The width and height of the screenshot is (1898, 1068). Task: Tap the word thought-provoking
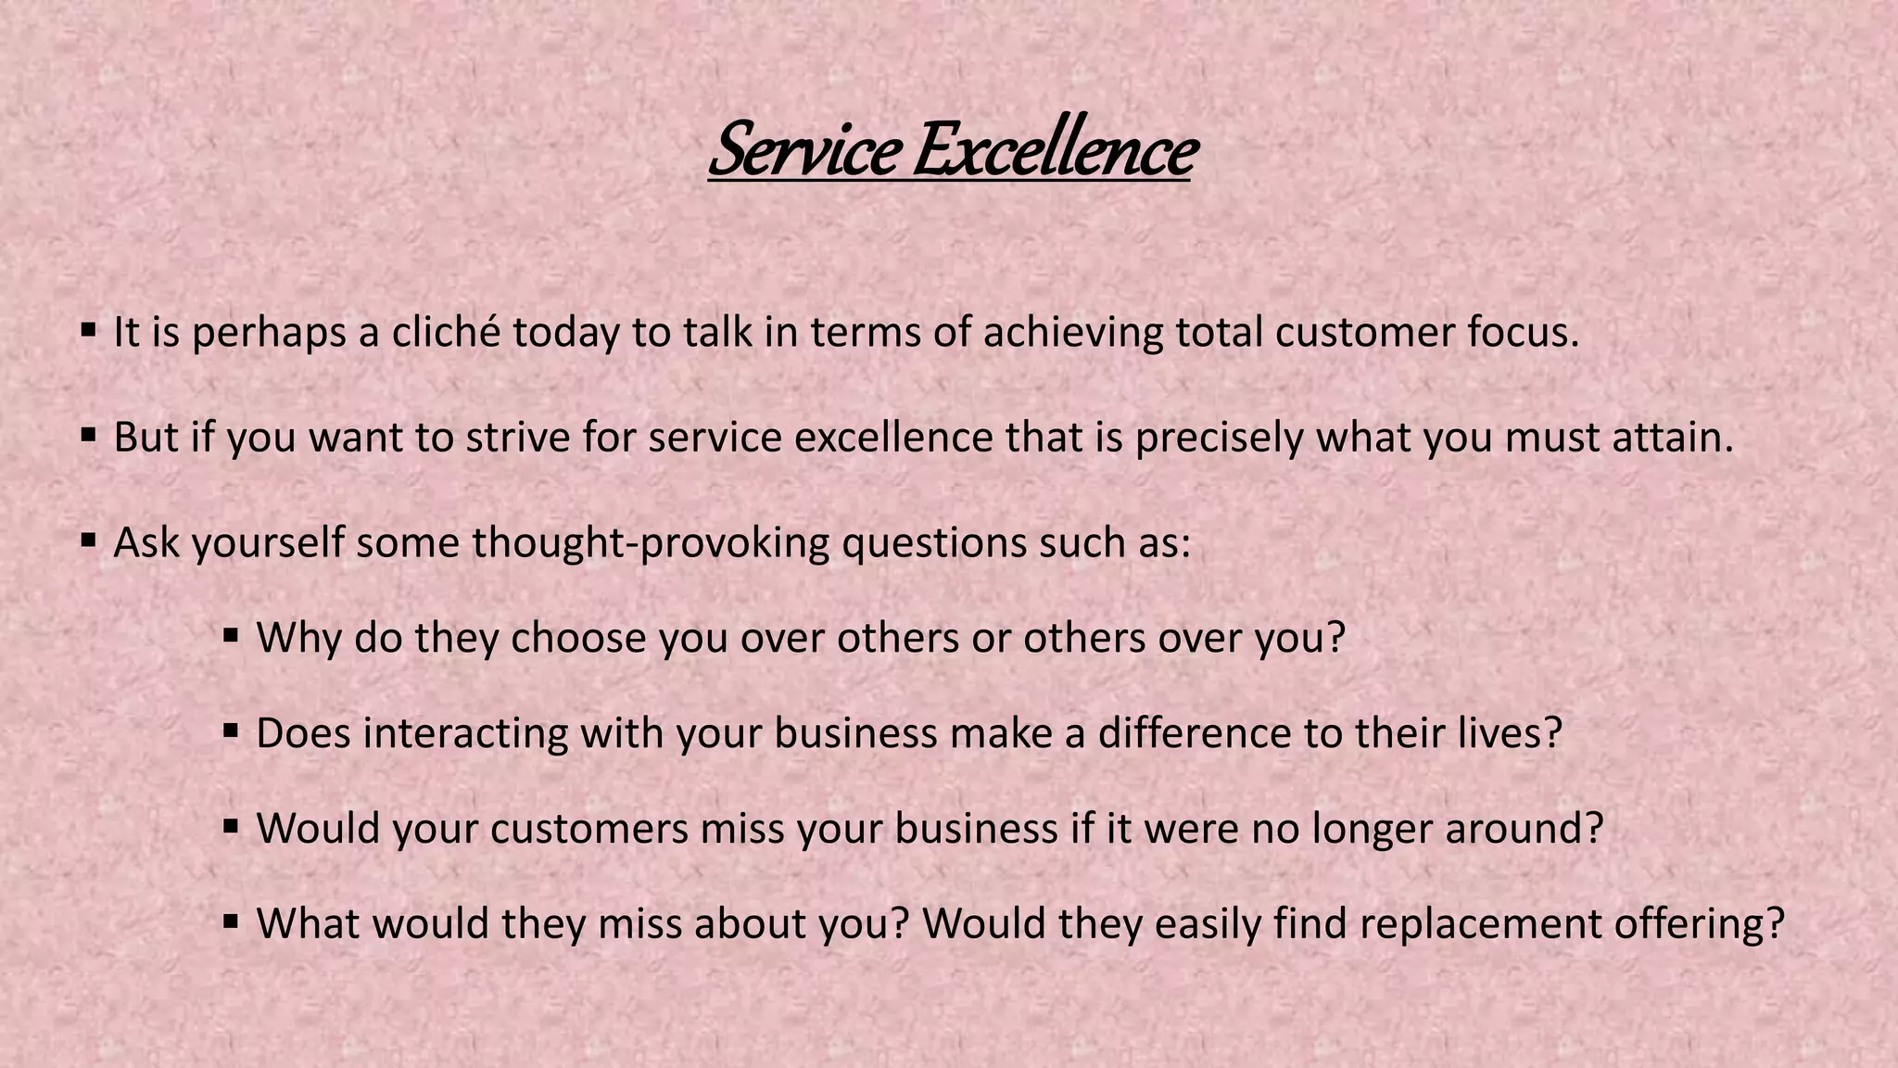[651, 542]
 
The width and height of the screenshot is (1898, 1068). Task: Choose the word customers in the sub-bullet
[589, 829]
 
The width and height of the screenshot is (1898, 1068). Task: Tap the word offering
[1699, 924]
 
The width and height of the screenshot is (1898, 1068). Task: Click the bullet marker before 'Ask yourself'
[89, 539]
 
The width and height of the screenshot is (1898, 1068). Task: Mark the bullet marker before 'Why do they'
[232, 635]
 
